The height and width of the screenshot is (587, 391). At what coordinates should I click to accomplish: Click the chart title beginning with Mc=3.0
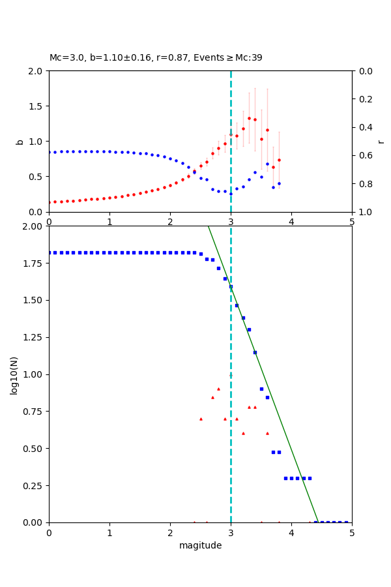point(156,58)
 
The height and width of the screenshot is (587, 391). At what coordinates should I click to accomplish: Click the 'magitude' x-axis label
point(200,545)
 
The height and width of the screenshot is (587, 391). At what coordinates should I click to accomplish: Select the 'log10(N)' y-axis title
point(14,375)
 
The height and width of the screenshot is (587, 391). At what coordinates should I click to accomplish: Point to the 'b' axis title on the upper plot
point(20,141)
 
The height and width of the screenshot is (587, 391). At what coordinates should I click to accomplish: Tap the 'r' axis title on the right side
point(381,141)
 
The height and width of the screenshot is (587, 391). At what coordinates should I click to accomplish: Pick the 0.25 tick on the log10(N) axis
point(33,486)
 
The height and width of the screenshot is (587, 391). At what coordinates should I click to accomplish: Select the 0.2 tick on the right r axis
point(366,99)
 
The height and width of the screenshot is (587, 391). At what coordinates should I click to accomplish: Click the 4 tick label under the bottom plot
point(291,532)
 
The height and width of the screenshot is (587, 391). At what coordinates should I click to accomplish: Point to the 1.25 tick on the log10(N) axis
point(33,338)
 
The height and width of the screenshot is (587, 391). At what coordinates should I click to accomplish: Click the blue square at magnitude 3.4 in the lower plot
point(255,352)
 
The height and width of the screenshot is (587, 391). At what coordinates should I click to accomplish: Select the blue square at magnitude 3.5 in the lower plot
point(261,389)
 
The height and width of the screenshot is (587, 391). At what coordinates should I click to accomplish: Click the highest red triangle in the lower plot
point(218,389)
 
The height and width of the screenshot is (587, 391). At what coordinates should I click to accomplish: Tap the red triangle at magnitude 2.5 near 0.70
point(201,419)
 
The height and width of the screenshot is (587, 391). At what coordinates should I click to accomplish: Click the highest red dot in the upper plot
point(249,118)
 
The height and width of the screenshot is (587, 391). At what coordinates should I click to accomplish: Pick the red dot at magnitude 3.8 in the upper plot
point(279,160)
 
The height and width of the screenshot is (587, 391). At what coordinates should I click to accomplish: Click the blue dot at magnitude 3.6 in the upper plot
point(267,164)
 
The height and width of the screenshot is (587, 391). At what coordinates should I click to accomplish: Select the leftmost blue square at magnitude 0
point(50,252)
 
